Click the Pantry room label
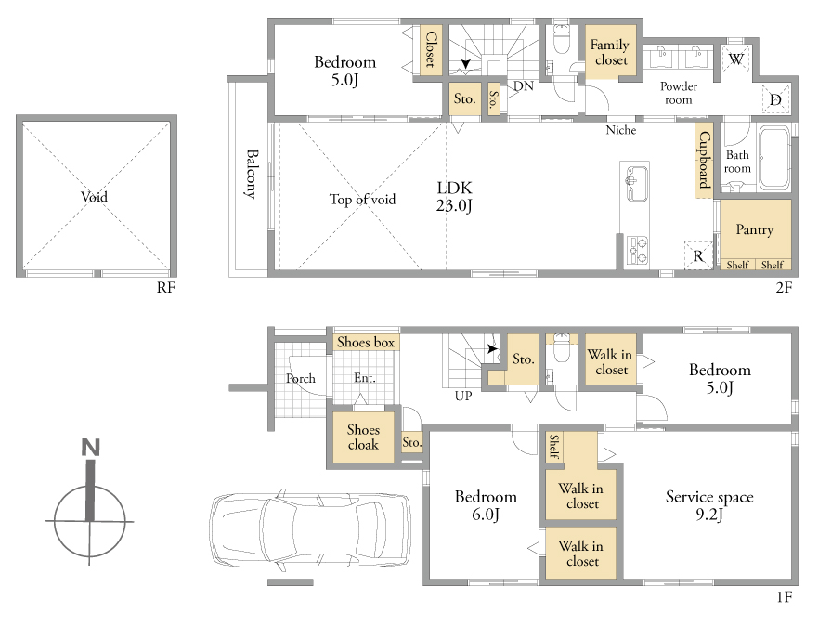(x=754, y=229)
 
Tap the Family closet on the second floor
(x=610, y=52)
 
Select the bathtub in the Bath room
(x=773, y=158)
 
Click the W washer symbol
(x=735, y=59)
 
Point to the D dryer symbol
(x=775, y=99)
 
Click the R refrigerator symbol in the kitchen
(x=698, y=255)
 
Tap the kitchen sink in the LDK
(x=636, y=183)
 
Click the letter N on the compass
(x=91, y=448)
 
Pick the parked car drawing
(x=310, y=529)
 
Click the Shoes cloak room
(x=363, y=437)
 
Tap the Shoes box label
(x=365, y=342)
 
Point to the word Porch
(x=301, y=378)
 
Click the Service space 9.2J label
(x=709, y=505)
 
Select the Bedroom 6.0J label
(x=486, y=505)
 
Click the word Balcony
(x=252, y=174)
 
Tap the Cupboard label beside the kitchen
(x=705, y=160)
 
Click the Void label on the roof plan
(x=94, y=197)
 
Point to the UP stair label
(x=463, y=396)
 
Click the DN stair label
(x=524, y=86)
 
